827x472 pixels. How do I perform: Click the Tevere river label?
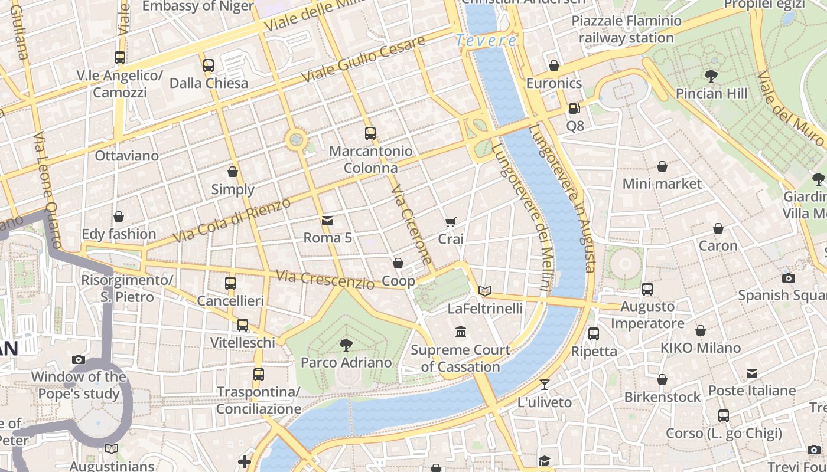coord(486,41)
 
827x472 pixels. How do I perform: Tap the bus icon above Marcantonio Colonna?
coord(370,133)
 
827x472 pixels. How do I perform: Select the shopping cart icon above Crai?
coord(451,222)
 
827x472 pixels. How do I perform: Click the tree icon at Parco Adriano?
coord(346,345)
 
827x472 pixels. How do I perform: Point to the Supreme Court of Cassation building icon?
coord(461,333)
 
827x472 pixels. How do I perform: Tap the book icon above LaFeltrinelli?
coord(485,291)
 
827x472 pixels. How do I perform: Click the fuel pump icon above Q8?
coord(574,109)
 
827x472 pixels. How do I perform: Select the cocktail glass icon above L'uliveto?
coord(545,385)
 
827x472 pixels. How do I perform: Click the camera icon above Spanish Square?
coord(788,278)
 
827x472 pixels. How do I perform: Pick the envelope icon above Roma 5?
coord(327,221)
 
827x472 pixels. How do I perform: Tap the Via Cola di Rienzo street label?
coord(232,221)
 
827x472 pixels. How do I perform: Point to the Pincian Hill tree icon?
coord(711,76)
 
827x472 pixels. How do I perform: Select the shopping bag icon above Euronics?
coord(554,65)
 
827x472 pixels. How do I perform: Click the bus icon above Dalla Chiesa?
coord(209,65)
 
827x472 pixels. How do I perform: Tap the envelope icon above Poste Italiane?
coord(751,373)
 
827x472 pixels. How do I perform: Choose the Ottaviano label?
coord(127,156)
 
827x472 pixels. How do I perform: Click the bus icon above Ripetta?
coord(594,334)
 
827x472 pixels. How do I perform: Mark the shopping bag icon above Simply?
coord(233,172)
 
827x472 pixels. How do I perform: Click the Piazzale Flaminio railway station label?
coord(626,29)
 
